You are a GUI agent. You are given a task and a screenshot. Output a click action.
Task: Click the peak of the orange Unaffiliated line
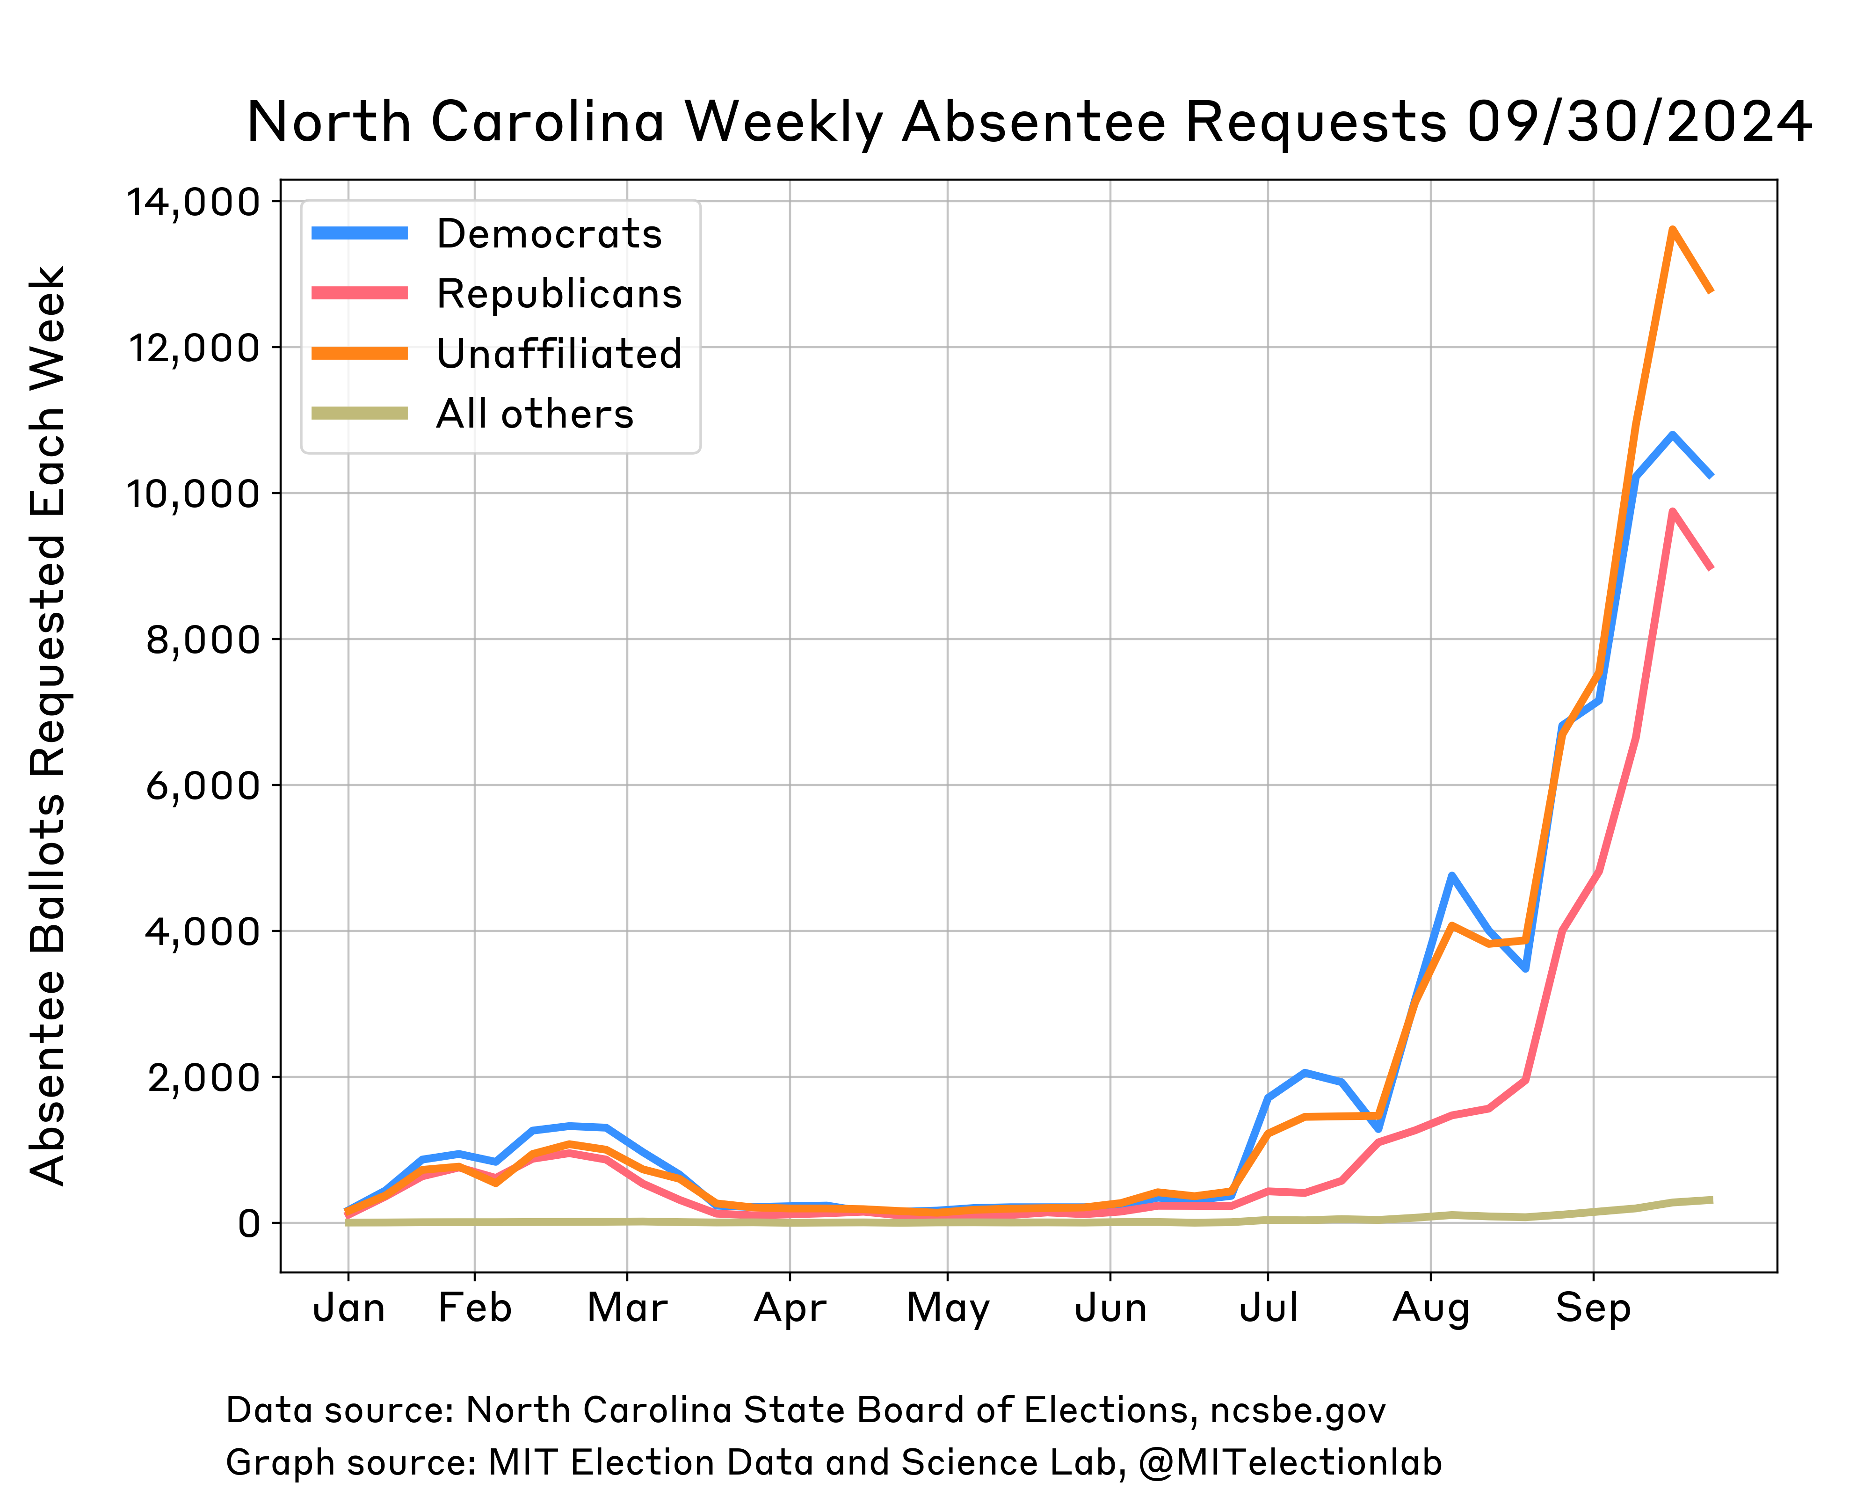(x=1671, y=229)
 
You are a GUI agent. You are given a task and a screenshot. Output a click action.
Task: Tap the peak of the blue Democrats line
(x=1671, y=434)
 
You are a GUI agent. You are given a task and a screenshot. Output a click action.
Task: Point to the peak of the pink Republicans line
(x=1671, y=512)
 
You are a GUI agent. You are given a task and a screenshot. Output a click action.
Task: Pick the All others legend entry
(x=535, y=414)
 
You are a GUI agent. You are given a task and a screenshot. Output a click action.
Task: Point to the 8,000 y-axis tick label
(x=202, y=640)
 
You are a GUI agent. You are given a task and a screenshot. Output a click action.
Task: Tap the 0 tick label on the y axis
(x=249, y=1224)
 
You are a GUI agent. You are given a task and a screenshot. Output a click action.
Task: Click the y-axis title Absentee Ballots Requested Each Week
(x=48, y=725)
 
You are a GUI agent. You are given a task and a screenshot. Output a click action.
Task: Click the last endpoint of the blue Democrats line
(x=1711, y=475)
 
